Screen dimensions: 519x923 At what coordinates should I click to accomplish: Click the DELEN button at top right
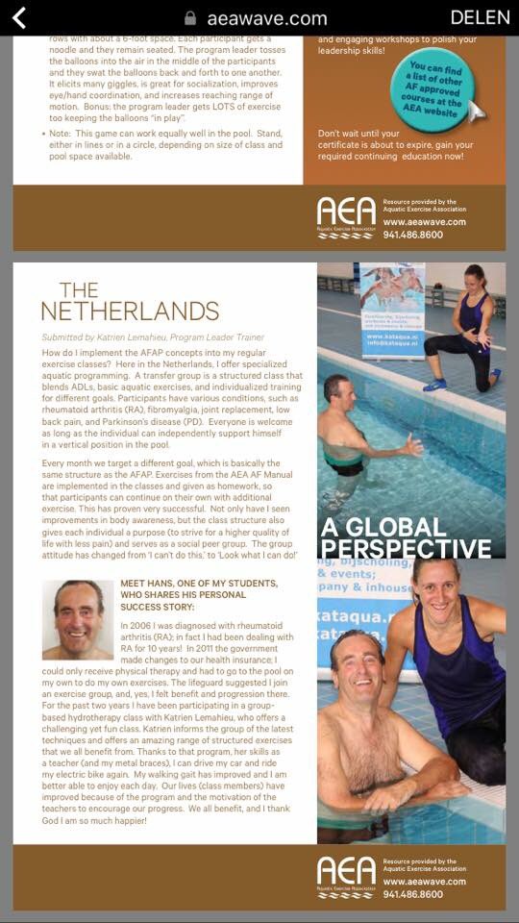[480, 17]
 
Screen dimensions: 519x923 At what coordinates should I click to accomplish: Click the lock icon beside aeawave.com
[190, 18]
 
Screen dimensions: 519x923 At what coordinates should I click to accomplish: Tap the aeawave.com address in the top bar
[267, 18]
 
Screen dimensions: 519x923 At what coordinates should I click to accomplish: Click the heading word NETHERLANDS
[130, 311]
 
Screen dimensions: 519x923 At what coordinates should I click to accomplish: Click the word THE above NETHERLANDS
[79, 289]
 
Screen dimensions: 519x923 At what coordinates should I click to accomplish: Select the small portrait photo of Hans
[78, 620]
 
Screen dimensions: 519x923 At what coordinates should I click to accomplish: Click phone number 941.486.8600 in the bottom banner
[412, 894]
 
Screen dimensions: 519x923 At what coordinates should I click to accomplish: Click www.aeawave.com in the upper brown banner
[424, 221]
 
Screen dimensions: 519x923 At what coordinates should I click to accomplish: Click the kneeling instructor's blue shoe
[435, 384]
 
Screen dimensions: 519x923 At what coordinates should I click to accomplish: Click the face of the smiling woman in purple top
[437, 586]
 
